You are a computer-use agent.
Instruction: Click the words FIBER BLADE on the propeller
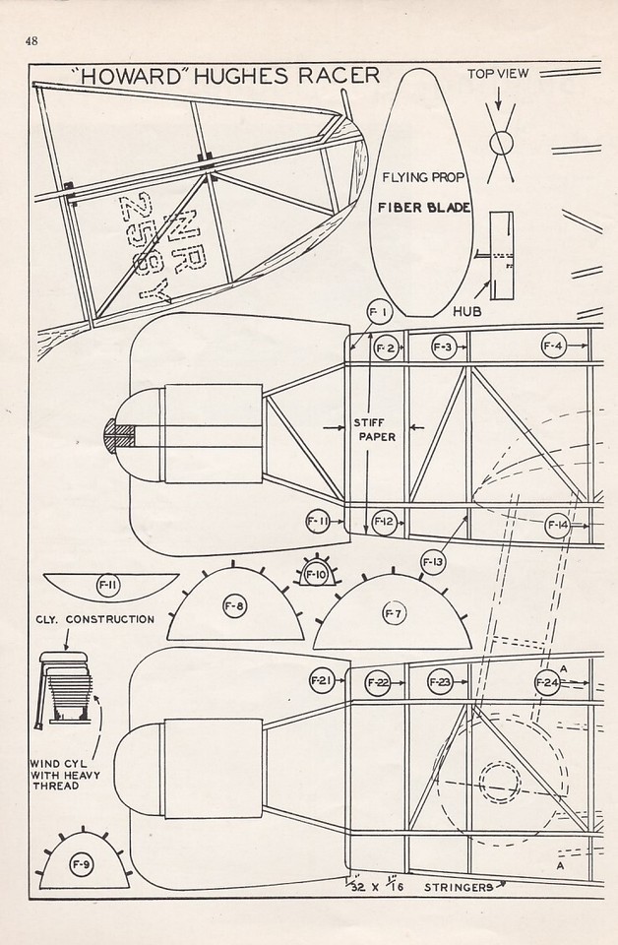[423, 209]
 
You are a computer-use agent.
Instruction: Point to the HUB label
[466, 309]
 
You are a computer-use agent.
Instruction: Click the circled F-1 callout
[378, 312]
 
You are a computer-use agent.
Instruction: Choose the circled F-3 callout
[444, 346]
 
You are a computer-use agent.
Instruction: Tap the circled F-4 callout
[553, 346]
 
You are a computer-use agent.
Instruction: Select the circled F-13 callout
[434, 561]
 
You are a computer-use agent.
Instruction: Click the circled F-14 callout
[557, 525]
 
